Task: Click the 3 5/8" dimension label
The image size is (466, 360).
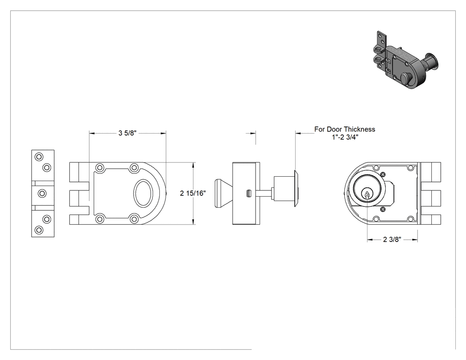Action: click(127, 133)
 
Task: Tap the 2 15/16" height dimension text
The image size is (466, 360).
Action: click(193, 193)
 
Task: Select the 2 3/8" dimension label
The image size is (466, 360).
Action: click(392, 239)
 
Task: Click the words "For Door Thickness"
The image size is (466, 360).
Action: click(345, 129)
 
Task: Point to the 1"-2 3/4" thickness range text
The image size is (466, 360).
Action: click(345, 137)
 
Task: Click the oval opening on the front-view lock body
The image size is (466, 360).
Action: click(143, 193)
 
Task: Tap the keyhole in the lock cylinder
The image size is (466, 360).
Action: click(367, 195)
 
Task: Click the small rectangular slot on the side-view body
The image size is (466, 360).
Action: click(249, 193)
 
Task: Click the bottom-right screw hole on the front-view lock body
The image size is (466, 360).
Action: click(134, 219)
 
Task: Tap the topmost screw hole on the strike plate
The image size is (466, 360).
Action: click(39, 157)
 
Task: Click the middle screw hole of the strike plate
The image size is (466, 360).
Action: click(42, 194)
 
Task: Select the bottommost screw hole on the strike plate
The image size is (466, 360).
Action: click(39, 230)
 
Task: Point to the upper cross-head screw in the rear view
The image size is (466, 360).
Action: click(383, 174)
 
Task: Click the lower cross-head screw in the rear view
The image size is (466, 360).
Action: click(383, 210)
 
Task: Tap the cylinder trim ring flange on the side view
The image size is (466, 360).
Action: click(296, 189)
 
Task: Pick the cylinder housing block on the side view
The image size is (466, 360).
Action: click(284, 189)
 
